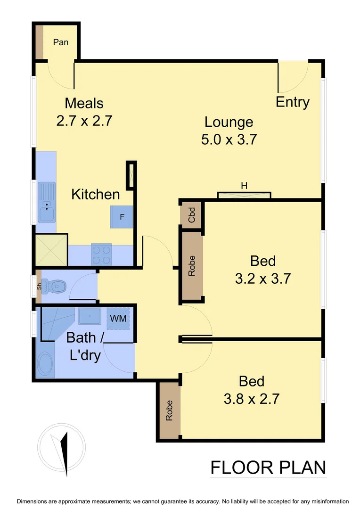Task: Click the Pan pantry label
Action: [x=60, y=42]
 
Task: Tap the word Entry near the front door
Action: [x=292, y=102]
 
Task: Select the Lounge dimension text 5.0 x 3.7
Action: [x=229, y=140]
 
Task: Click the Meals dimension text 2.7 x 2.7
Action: [x=84, y=121]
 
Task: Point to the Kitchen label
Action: [x=95, y=194]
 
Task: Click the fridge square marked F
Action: [x=122, y=217]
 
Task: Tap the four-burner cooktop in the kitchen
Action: [x=101, y=254]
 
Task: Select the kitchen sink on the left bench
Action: [x=46, y=207]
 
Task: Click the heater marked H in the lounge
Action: [x=244, y=195]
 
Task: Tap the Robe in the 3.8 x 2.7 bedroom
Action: [x=169, y=410]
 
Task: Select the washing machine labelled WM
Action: [x=118, y=319]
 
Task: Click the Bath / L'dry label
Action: [x=85, y=346]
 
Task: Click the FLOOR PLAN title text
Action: [x=268, y=468]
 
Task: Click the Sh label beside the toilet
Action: [x=40, y=284]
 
